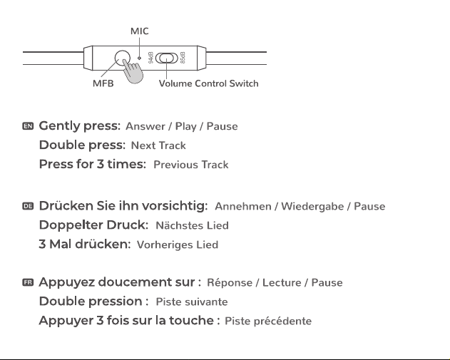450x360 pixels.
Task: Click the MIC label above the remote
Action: click(x=140, y=31)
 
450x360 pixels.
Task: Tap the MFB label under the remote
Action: click(x=103, y=83)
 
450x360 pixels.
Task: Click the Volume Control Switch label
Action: click(x=209, y=83)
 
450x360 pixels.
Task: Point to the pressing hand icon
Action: click(x=133, y=71)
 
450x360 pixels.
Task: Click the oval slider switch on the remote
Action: click(x=167, y=58)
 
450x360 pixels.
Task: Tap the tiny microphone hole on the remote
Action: click(x=140, y=58)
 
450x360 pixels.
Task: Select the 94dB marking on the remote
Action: click(x=151, y=58)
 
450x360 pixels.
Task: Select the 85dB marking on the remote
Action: click(x=183, y=58)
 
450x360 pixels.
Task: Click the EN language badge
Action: click(x=28, y=126)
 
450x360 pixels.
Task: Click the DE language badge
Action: click(x=28, y=206)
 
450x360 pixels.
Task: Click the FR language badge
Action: click(x=28, y=282)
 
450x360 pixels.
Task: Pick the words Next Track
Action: click(x=158, y=145)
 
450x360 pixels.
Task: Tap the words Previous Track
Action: click(x=191, y=165)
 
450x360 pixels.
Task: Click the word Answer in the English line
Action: click(x=145, y=126)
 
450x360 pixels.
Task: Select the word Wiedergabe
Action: click(x=312, y=206)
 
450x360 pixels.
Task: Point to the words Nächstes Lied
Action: click(x=192, y=225)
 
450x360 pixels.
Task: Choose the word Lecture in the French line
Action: click(x=282, y=282)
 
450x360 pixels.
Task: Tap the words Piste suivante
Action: click(x=192, y=302)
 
